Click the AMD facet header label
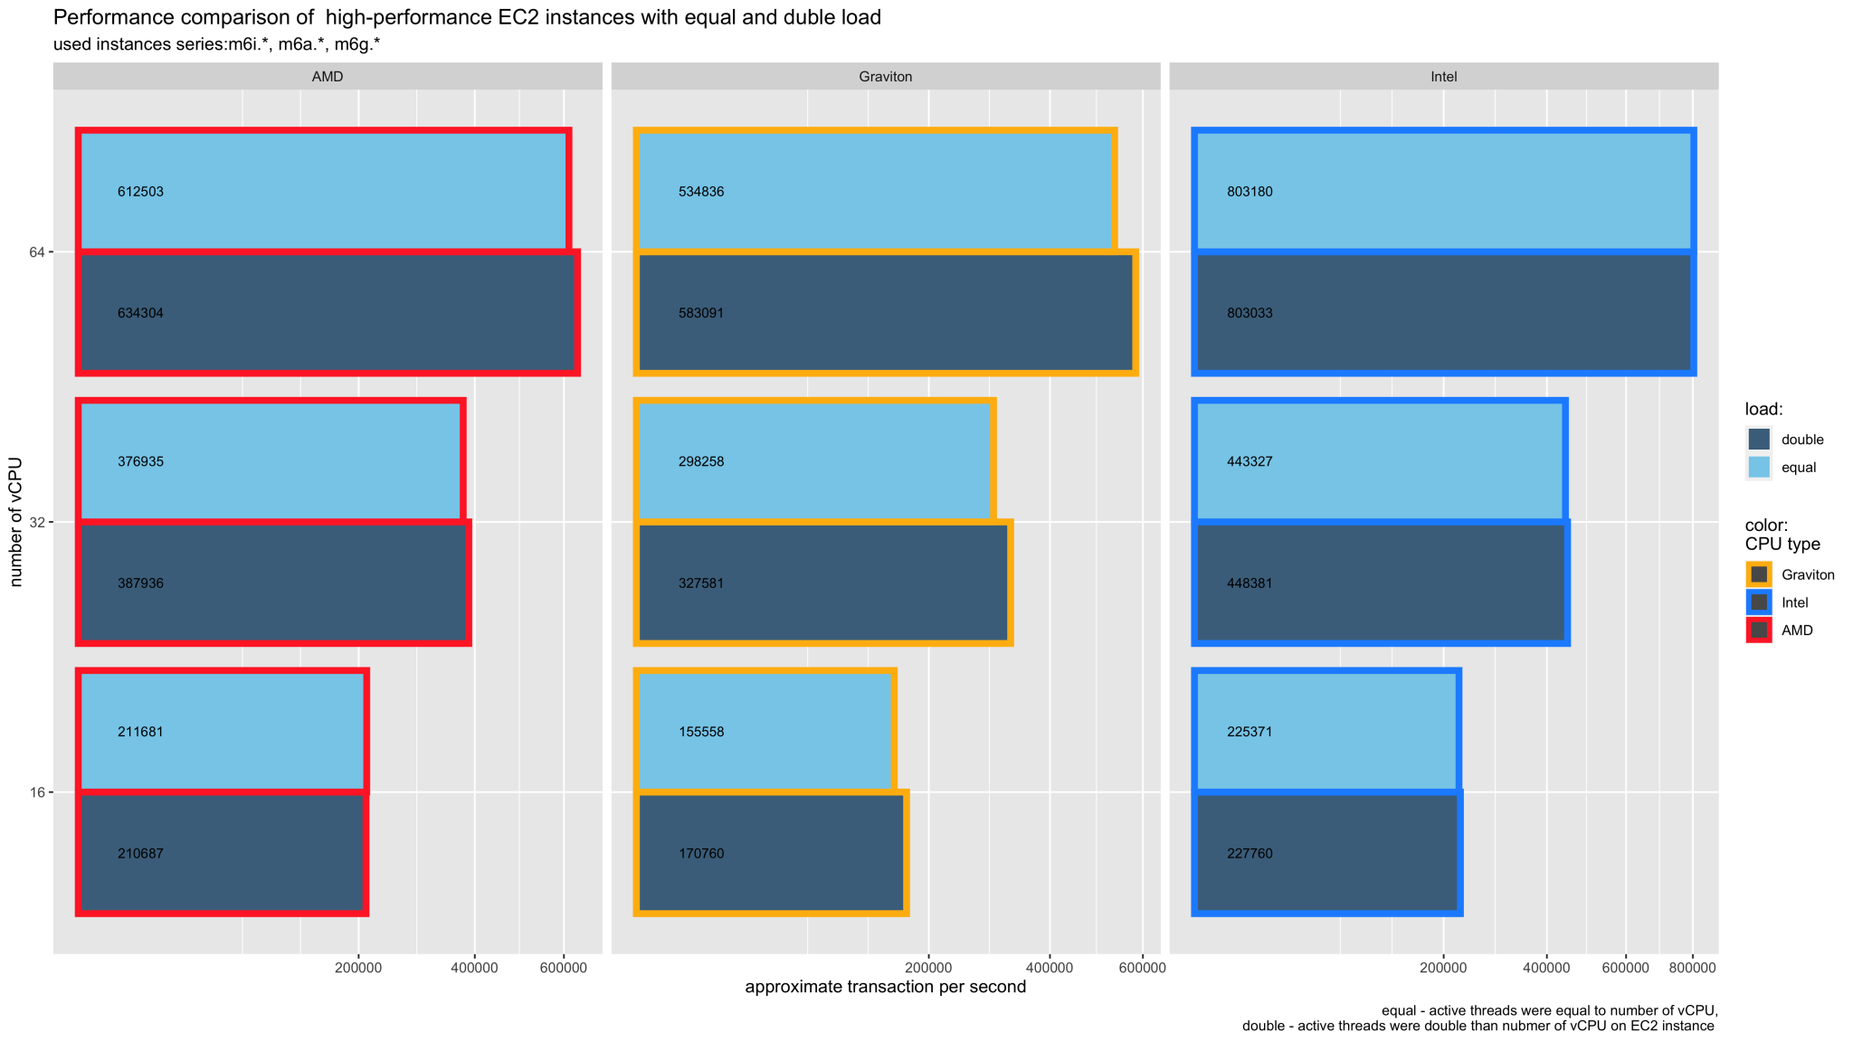coord(328,77)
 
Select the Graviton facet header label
coord(885,77)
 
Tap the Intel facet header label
coord(1443,77)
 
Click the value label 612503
coord(140,192)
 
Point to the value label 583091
coord(701,313)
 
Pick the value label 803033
coord(1250,313)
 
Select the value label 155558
coord(701,732)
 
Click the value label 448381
coord(1250,583)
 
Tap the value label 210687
coord(140,853)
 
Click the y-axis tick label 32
coord(37,522)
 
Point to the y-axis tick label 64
coord(37,251)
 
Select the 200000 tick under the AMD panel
coord(359,968)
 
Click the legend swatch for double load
coord(1759,440)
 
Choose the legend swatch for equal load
coord(1759,468)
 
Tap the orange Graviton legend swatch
coord(1759,574)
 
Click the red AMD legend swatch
coord(1759,630)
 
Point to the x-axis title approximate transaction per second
coord(885,987)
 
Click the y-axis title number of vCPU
coord(16,522)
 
